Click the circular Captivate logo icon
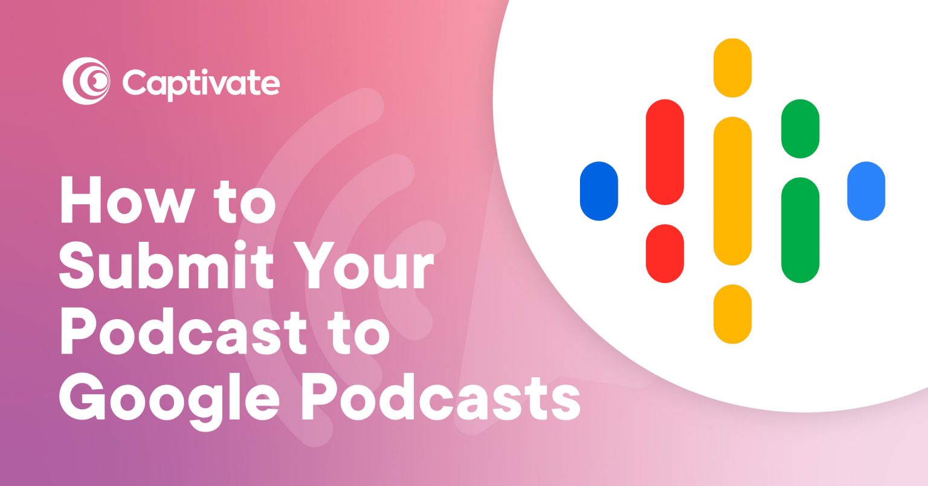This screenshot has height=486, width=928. click(86, 81)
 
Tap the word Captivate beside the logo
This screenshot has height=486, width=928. click(201, 83)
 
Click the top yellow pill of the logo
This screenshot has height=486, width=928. click(732, 68)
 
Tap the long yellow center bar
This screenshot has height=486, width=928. click(732, 191)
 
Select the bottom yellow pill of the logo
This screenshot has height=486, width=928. click(732, 314)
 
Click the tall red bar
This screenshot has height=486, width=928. click(665, 152)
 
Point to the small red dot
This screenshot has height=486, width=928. click(665, 253)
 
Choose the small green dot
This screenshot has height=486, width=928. click(800, 129)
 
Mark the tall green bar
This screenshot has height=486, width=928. click(800, 230)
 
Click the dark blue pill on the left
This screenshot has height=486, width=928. click(599, 191)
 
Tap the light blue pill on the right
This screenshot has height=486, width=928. click(866, 191)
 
